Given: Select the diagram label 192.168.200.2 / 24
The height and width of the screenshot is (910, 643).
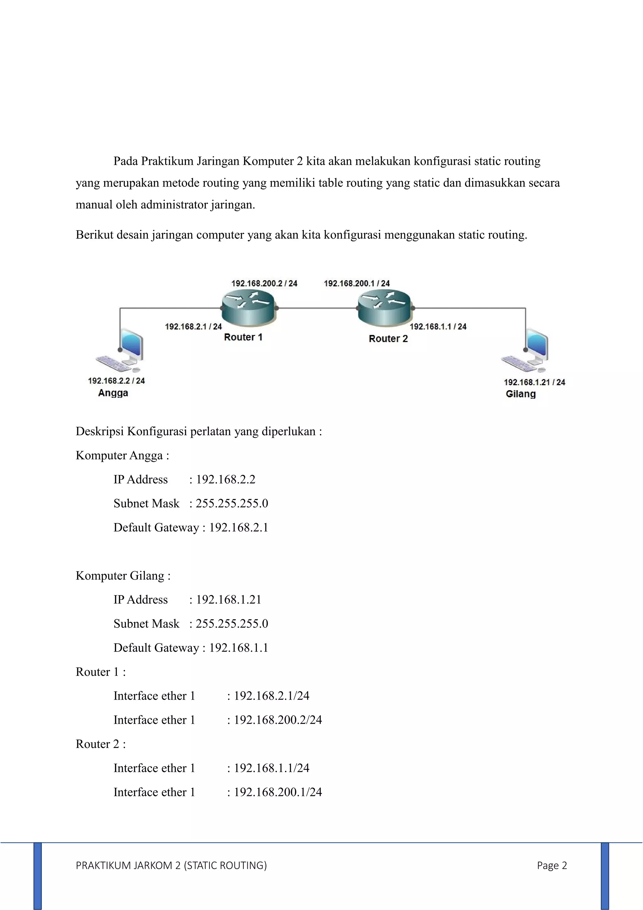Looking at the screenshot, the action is click(264, 283).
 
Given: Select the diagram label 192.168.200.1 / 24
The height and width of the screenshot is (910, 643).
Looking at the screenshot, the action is click(357, 283).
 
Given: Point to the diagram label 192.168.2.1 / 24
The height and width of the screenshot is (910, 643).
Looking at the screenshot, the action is click(193, 327).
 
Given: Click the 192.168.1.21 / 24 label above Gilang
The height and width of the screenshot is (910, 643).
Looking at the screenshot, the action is click(534, 382).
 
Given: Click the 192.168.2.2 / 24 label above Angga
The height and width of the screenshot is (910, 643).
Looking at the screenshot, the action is click(116, 381).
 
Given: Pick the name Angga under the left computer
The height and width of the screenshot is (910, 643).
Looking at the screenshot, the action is click(113, 393).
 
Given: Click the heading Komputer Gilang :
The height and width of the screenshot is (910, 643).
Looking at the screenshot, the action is click(123, 576).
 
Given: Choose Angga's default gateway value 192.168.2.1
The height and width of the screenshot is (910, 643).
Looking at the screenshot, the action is click(239, 528).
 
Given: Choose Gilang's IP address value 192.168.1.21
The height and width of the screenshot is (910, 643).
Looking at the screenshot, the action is click(229, 600).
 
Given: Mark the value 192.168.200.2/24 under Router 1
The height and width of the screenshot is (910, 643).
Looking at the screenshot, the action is click(278, 720).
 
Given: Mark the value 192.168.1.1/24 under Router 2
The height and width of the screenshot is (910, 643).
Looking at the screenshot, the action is click(271, 768).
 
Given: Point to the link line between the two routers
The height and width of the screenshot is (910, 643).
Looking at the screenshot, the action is click(317, 308).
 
